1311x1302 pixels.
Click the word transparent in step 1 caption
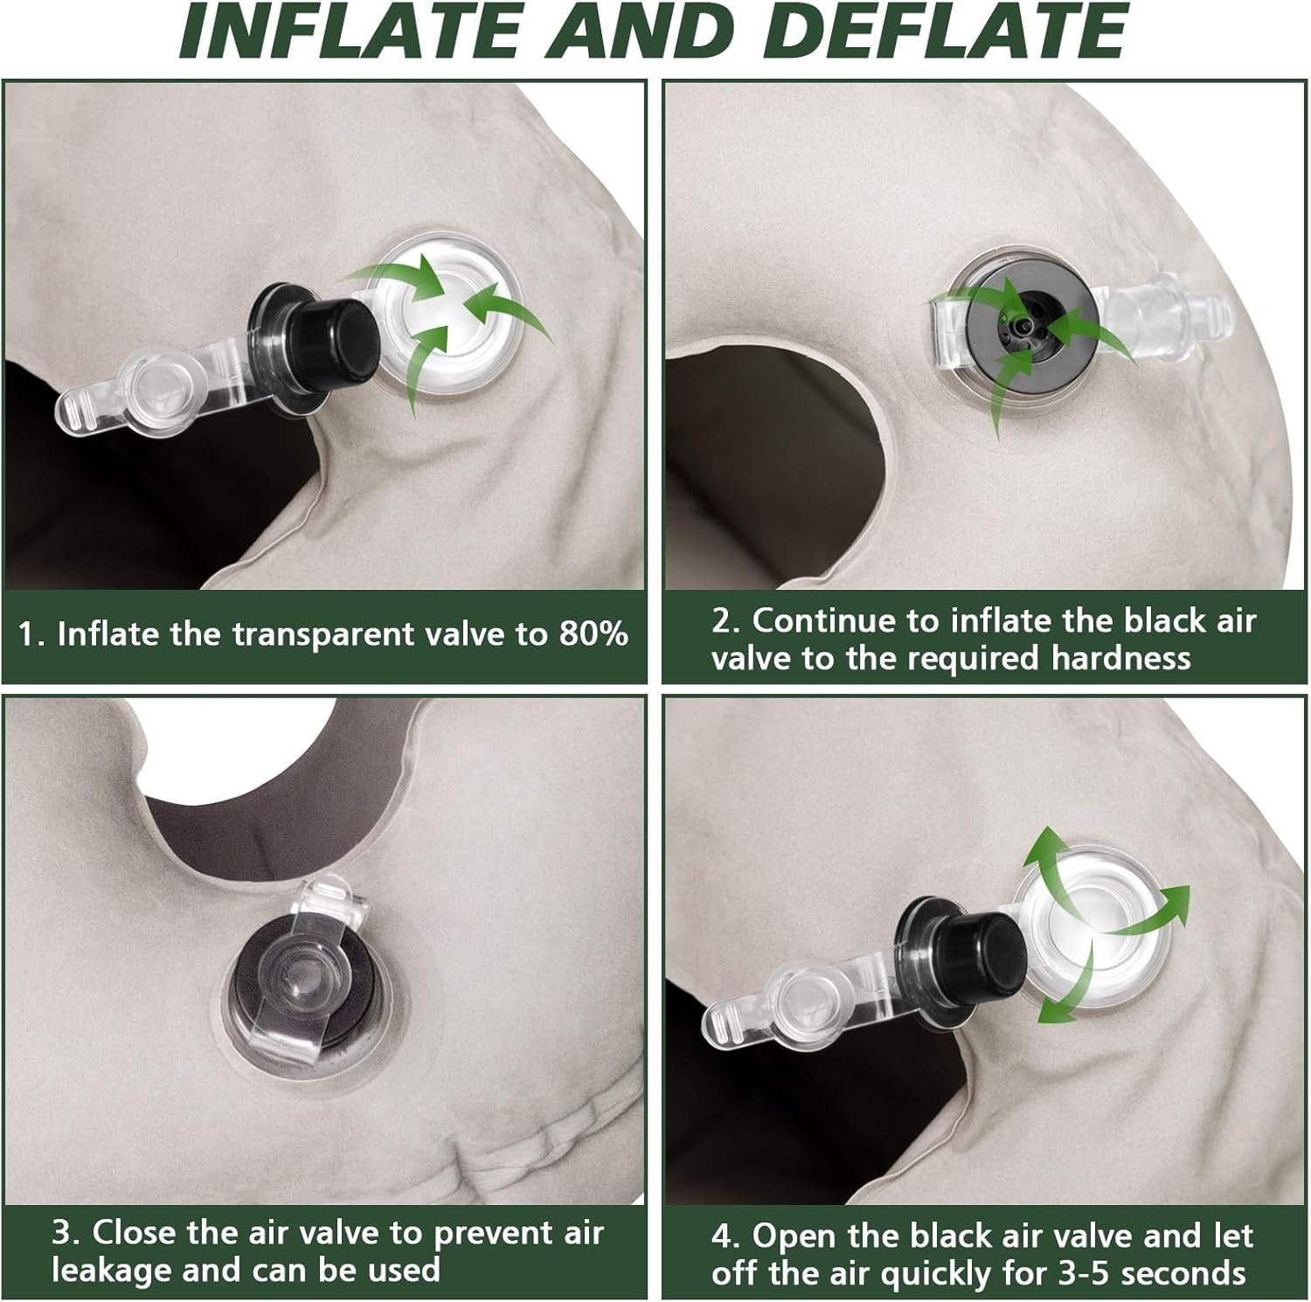tap(361, 634)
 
